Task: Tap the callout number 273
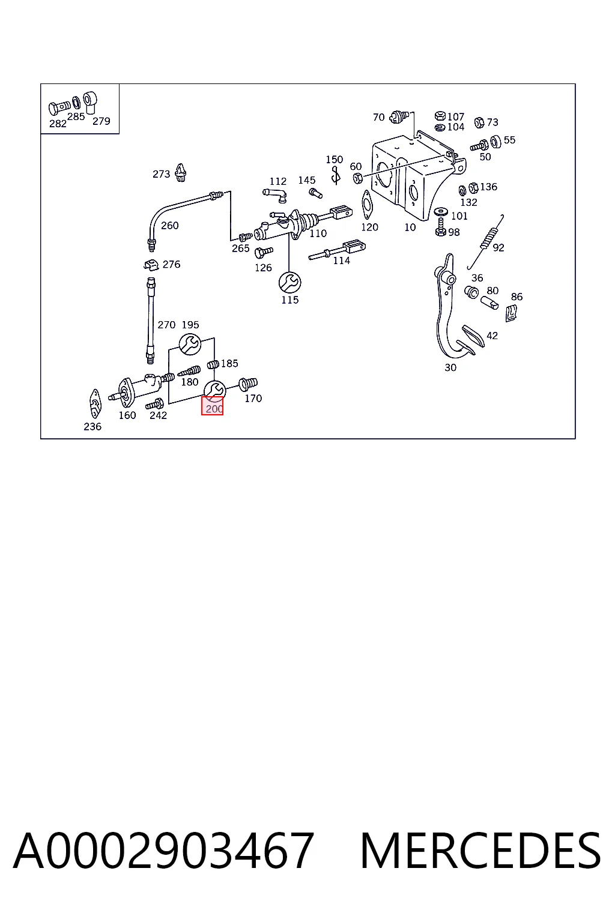pos(161,174)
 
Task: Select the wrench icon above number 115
pos(289,282)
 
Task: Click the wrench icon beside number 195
pos(190,344)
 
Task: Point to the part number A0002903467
pos(163,850)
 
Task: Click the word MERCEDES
pos(480,850)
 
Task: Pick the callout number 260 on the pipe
pos(170,225)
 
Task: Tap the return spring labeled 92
pos(486,241)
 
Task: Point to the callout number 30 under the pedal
pos(450,367)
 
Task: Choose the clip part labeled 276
pos(151,265)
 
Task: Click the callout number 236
pos(92,426)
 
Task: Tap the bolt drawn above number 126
pos(264,252)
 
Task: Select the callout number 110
pos(318,234)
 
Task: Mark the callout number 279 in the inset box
pos(101,121)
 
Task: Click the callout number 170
pos(253,398)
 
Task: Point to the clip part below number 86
pos(510,313)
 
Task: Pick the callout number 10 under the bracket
pos(410,227)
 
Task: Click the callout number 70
pos(378,117)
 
